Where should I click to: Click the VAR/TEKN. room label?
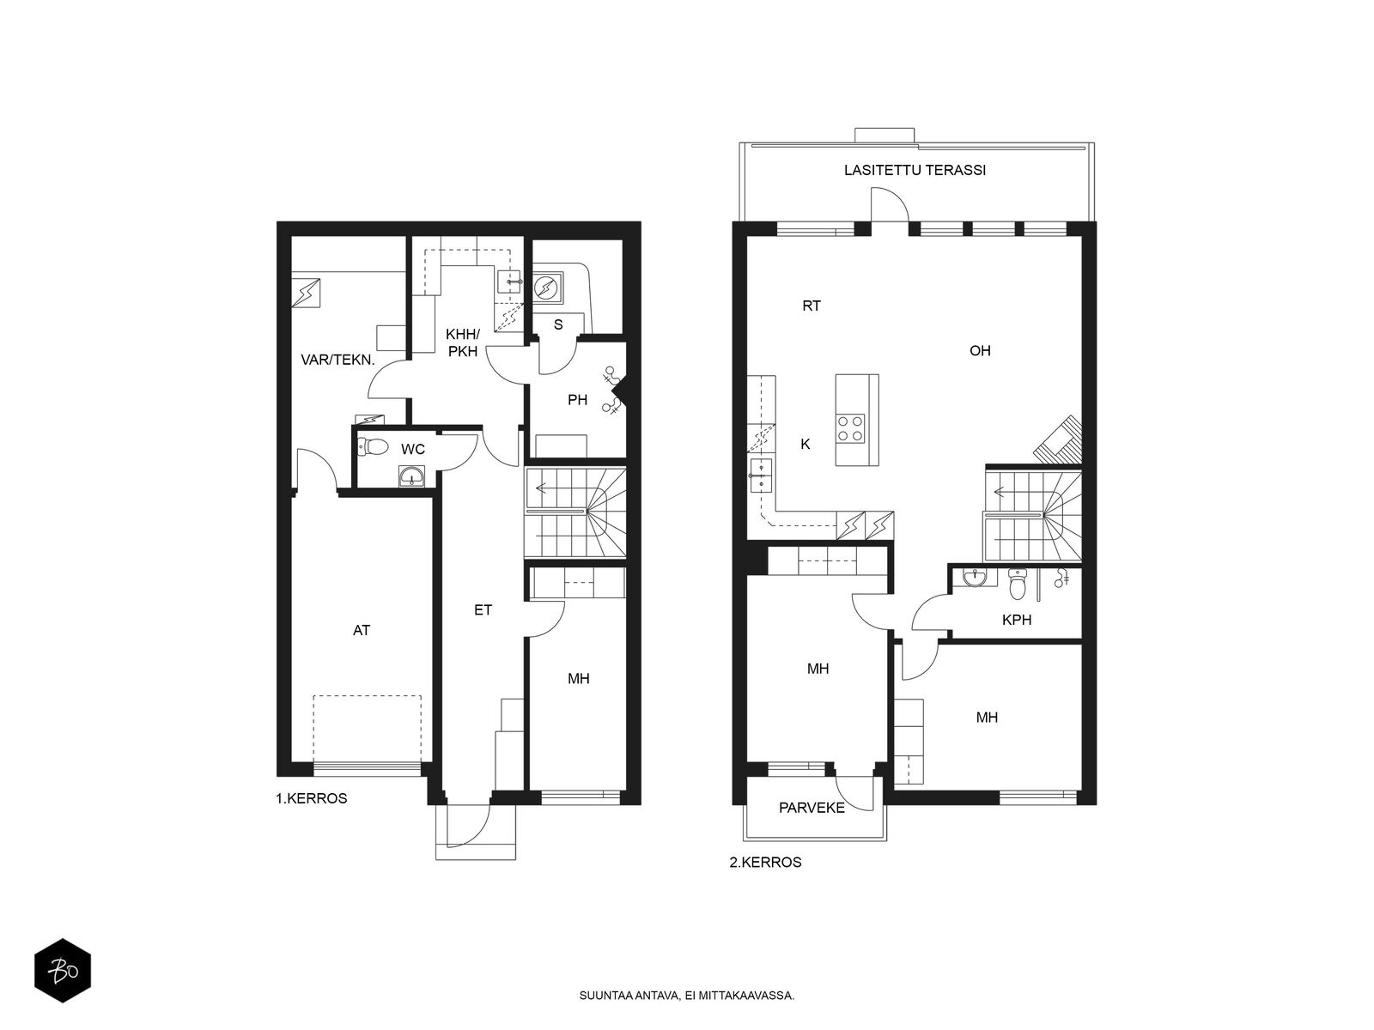click(337, 360)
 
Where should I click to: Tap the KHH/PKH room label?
click(463, 342)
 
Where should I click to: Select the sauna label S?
click(558, 324)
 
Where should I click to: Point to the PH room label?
click(577, 400)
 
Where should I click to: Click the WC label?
click(413, 449)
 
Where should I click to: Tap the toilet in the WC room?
click(374, 447)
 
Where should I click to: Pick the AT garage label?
click(362, 630)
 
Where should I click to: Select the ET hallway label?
click(483, 609)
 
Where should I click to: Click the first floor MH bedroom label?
click(579, 679)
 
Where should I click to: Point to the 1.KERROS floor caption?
click(311, 798)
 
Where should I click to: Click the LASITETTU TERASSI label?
click(915, 170)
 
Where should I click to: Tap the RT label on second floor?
click(812, 306)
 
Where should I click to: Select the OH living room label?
click(980, 351)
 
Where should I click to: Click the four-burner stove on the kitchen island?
click(851, 429)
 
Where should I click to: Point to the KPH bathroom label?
click(1017, 620)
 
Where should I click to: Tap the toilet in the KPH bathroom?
click(1016, 583)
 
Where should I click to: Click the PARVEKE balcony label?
click(812, 808)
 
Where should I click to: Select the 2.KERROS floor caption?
click(765, 863)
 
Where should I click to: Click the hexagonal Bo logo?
click(63, 972)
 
